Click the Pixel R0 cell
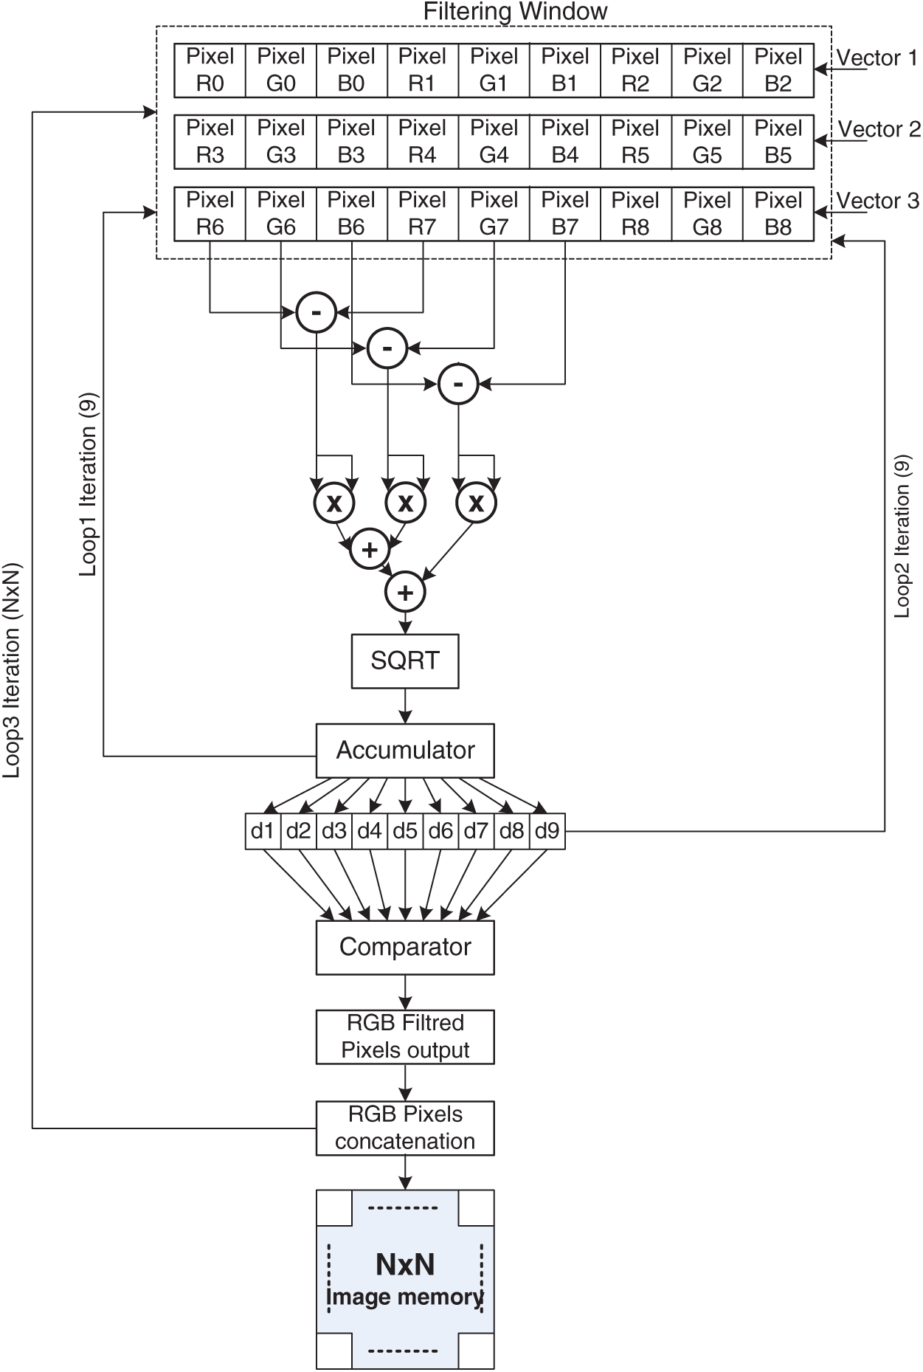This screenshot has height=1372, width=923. (210, 70)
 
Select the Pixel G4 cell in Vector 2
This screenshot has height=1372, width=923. (494, 142)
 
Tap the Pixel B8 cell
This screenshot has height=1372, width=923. (778, 213)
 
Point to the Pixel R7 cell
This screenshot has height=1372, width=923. (422, 213)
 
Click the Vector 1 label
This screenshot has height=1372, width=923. (877, 58)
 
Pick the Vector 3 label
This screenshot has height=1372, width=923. (877, 201)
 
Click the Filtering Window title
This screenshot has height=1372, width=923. (515, 12)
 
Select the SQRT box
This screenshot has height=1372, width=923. (405, 661)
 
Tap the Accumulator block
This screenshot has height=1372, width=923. (405, 751)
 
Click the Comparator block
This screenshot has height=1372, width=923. (405, 947)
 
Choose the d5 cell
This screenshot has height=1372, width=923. (405, 831)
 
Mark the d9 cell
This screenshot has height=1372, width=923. (547, 831)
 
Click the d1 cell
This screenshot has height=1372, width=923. (263, 831)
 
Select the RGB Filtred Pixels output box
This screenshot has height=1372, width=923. (405, 1037)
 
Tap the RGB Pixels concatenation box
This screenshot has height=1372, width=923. (405, 1128)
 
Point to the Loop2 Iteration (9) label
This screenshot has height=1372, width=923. (902, 536)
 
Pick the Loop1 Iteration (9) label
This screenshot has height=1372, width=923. (89, 484)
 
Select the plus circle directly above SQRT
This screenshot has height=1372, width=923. (405, 592)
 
